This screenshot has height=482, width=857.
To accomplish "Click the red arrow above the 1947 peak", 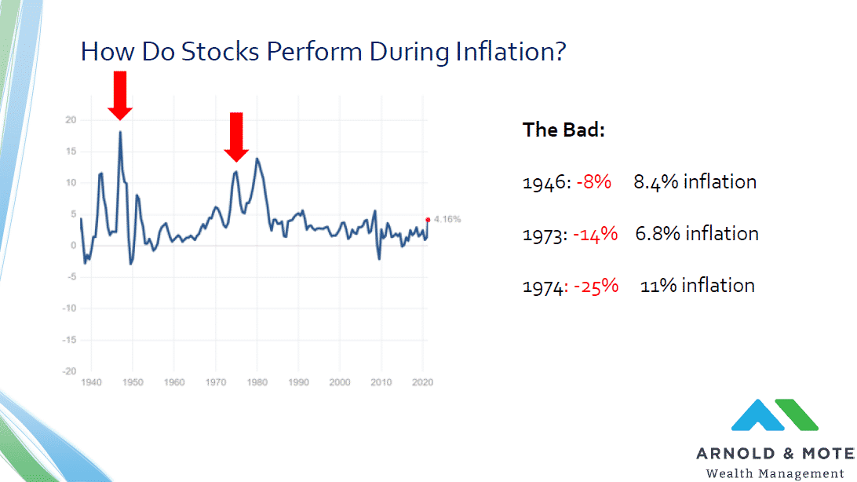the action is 120,95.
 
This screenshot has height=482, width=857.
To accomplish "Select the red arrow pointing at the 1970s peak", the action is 236,137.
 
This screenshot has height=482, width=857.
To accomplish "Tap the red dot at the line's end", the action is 428,220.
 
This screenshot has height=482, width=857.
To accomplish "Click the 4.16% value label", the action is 447,219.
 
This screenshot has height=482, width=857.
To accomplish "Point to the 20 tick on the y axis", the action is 71,119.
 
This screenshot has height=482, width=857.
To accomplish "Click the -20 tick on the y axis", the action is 69,371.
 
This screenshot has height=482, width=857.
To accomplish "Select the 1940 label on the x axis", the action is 91,382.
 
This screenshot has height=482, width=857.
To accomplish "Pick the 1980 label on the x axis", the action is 257,382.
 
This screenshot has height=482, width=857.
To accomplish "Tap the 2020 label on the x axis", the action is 422,382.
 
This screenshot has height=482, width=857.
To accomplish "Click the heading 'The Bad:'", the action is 563,130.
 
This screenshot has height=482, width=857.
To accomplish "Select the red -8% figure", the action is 593,182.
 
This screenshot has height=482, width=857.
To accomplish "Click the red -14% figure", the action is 595,234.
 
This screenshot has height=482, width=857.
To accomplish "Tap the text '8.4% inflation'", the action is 695,182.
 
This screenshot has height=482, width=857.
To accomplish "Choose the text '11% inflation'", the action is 698,286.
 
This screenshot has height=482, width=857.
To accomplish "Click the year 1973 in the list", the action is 543,235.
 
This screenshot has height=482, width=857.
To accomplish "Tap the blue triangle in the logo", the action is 758,415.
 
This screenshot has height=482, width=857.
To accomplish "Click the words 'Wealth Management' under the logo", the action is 775,473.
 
